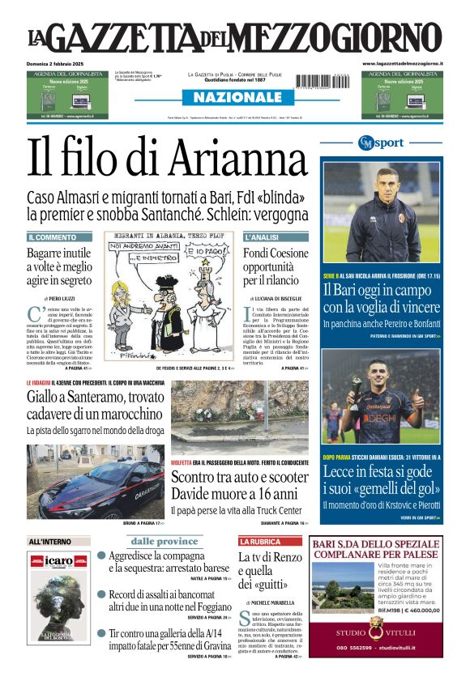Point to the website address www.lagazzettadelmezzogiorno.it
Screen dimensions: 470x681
pyautogui.click(x=402, y=63)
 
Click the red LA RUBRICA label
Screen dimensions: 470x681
pyautogui.click(x=259, y=541)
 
